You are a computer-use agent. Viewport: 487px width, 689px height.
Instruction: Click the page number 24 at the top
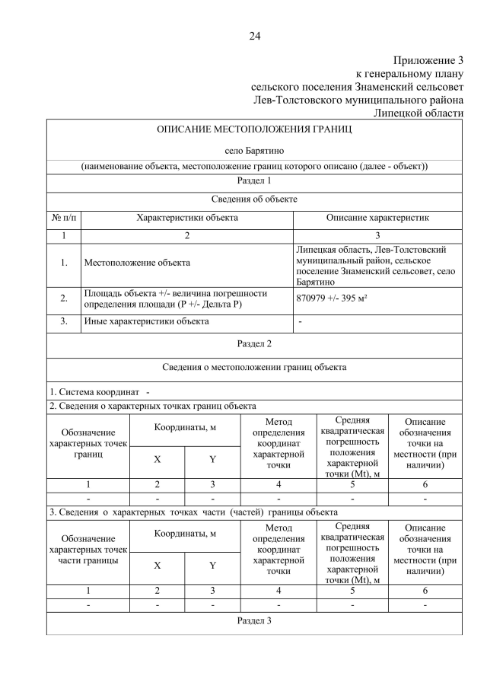(x=254, y=35)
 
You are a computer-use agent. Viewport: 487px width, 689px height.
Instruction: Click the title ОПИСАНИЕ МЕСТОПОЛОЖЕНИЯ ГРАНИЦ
(x=254, y=129)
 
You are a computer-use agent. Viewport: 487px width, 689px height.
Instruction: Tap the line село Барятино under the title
(x=254, y=151)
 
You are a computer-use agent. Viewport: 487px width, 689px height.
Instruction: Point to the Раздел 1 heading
(x=254, y=181)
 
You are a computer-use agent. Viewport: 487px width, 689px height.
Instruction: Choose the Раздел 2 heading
(x=254, y=343)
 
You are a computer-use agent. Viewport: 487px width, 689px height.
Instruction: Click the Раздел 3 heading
(x=254, y=620)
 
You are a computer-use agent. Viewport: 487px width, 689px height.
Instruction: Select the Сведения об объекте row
(x=254, y=199)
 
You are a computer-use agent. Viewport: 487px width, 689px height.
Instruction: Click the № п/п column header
(x=64, y=218)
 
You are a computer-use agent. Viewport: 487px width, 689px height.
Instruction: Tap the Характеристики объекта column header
(x=186, y=218)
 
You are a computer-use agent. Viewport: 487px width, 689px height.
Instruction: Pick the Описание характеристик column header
(x=377, y=218)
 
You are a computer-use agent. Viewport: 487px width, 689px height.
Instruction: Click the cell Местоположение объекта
(x=136, y=263)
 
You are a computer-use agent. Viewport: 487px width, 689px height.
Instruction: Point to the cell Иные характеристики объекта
(x=145, y=321)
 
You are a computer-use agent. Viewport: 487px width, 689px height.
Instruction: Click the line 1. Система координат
(x=100, y=391)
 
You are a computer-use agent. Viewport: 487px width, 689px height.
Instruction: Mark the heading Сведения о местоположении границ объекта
(x=254, y=367)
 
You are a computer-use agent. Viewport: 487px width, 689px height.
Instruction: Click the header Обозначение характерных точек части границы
(x=88, y=549)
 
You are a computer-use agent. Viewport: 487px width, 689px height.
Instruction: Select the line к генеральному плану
(x=409, y=73)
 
